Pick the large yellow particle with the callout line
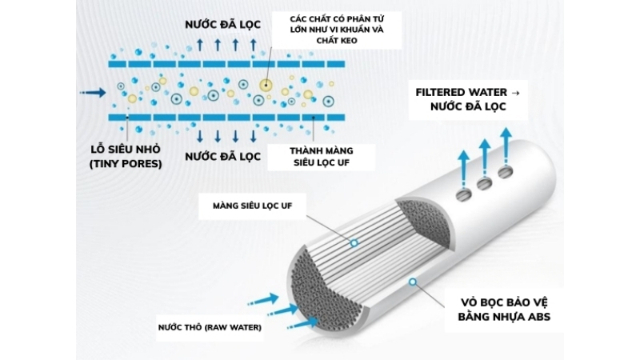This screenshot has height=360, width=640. pos(266,84)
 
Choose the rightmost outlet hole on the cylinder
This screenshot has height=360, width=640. pos(505,172)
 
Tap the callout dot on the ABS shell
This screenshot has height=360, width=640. pos(412,281)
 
